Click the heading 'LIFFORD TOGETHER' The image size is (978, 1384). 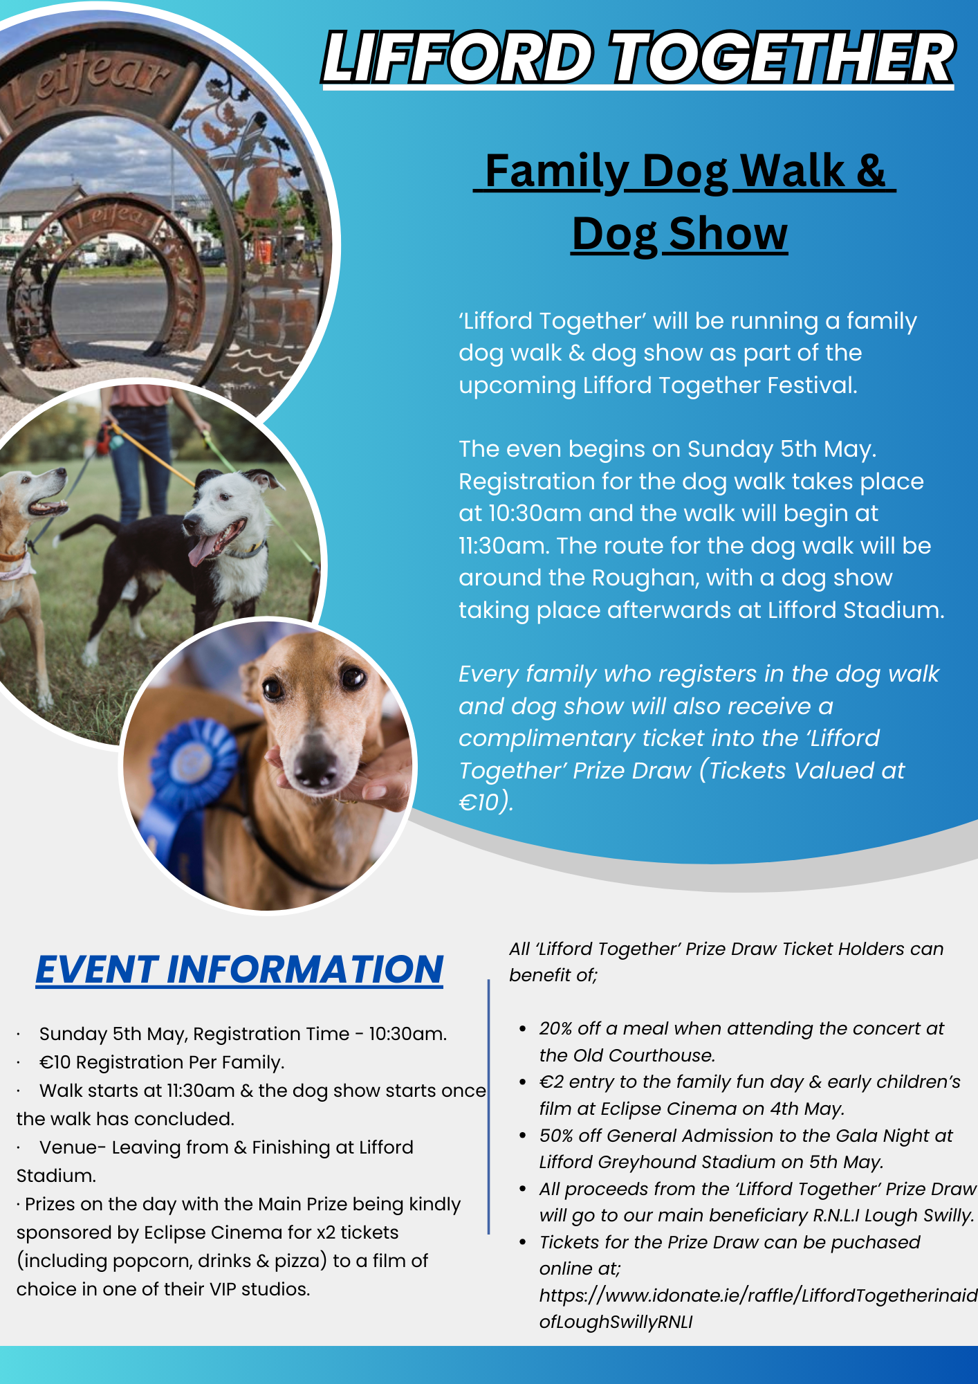[638, 58]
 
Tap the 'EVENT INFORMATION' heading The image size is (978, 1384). [239, 969]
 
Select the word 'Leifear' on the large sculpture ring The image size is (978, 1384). [86, 84]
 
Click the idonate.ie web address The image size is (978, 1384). [758, 1308]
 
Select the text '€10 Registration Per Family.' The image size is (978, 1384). [162, 1062]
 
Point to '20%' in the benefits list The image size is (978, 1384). [557, 1028]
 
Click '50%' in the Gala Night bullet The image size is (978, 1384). [557, 1136]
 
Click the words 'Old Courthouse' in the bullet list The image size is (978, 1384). [626, 1055]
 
